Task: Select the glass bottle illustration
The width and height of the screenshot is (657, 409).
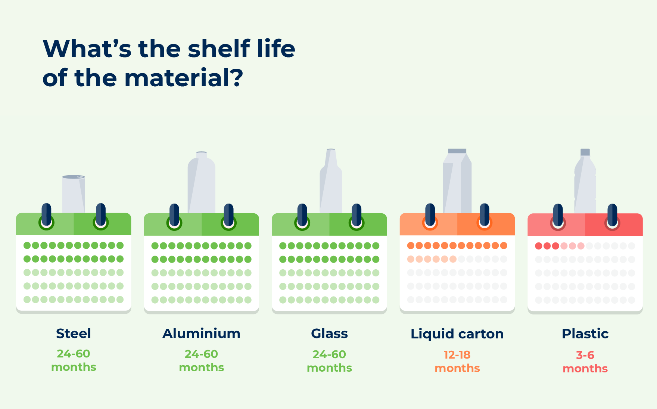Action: [x=331, y=181]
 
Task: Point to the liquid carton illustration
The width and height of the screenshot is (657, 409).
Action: [x=457, y=181]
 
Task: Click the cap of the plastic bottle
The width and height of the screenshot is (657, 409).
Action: [x=585, y=152]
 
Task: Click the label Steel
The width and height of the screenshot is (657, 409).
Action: [x=74, y=334]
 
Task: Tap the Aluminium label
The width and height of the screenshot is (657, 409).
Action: [x=202, y=334]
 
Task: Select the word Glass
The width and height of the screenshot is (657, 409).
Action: [x=330, y=334]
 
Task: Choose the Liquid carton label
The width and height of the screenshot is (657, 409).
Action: [x=457, y=334]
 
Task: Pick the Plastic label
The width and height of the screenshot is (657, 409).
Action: [x=585, y=334]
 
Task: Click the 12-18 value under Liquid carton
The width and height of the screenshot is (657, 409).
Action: [x=457, y=355]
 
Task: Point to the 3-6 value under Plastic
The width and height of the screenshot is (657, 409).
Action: [x=585, y=355]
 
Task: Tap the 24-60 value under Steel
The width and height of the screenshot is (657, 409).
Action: [x=74, y=354]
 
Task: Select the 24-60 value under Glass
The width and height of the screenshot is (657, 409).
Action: [x=330, y=354]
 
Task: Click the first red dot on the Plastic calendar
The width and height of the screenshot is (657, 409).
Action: [x=539, y=246]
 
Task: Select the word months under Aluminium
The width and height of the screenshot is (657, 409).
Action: [x=202, y=368]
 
